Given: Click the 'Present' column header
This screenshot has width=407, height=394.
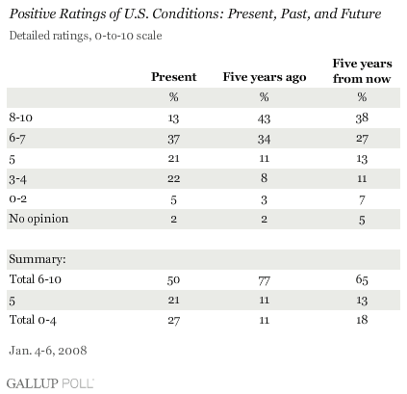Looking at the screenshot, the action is click(173, 77).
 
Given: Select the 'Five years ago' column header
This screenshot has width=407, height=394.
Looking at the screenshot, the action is click(265, 77).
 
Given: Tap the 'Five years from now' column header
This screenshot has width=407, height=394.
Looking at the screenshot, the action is click(362, 71).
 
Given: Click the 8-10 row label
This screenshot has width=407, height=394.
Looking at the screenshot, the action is click(21, 118).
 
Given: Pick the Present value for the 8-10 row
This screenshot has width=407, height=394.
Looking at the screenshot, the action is click(173, 118).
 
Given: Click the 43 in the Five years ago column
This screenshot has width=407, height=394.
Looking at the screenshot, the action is click(264, 118).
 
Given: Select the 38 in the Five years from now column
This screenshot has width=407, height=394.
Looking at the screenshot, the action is click(362, 118).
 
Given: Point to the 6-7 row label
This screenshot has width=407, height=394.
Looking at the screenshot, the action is click(17, 139).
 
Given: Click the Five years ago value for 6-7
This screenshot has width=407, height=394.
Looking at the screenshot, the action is click(264, 139).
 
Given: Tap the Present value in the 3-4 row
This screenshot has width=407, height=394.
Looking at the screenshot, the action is click(173, 178).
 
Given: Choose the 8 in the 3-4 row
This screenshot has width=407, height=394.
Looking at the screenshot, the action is click(264, 178).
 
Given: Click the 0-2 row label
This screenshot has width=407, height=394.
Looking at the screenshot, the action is click(18, 199).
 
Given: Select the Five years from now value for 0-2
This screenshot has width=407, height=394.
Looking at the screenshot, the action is click(362, 200).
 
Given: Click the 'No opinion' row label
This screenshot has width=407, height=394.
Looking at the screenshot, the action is click(38, 219).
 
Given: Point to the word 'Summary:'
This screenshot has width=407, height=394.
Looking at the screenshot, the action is click(38, 259).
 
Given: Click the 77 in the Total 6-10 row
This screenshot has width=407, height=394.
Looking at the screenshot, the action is click(264, 280).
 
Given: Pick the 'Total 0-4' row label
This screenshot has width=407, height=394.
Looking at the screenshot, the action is click(33, 320).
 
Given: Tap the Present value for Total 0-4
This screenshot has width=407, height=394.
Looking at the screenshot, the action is click(173, 321).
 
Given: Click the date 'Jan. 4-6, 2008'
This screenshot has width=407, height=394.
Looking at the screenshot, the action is click(48, 351).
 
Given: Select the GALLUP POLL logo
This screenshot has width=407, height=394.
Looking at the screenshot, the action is click(50, 383).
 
